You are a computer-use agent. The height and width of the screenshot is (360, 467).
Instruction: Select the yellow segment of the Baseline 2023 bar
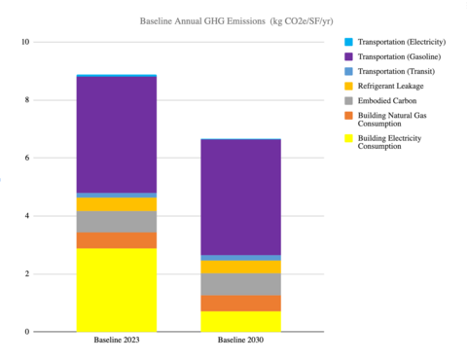(116, 290)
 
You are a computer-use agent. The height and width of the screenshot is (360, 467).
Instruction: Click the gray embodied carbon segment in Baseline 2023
(116, 222)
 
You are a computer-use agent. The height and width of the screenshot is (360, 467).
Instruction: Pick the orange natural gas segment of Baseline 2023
(116, 240)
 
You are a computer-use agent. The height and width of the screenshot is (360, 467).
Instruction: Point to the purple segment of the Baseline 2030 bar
(239, 198)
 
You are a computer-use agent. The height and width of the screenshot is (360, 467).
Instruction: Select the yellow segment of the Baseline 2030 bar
(239, 321)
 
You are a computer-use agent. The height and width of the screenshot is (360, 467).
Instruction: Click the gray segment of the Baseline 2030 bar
(239, 284)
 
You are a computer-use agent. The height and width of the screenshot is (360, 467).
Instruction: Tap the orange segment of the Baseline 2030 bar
(239, 303)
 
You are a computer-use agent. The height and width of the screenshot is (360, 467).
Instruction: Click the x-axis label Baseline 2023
(116, 341)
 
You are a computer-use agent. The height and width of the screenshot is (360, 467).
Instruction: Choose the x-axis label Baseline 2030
(239, 341)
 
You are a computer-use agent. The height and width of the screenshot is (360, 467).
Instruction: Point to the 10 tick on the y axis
(25, 42)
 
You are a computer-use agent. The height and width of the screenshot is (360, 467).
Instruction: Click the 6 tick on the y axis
(27, 158)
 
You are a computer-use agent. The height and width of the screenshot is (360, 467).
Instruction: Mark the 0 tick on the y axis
(27, 332)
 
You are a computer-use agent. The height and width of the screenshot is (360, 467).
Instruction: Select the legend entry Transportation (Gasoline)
(398, 57)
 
